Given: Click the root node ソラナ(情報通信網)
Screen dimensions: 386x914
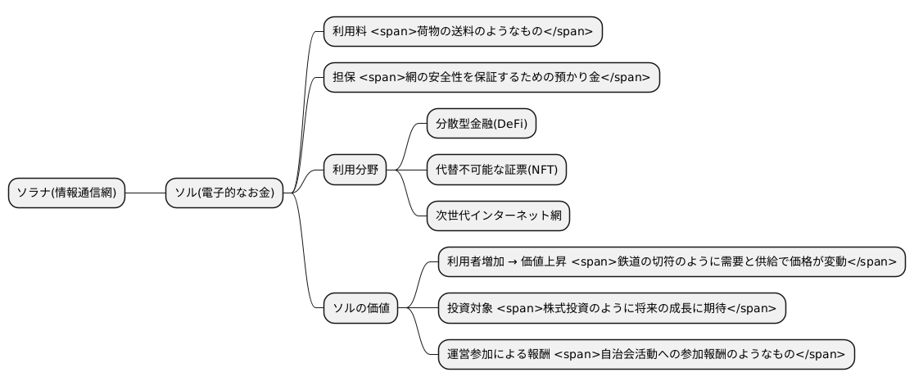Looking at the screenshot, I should point(66,193).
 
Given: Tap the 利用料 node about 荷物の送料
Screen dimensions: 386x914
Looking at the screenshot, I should point(463,32).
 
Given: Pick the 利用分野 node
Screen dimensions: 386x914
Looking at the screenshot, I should point(355,170).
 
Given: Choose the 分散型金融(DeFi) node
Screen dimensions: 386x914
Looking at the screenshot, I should point(482,124).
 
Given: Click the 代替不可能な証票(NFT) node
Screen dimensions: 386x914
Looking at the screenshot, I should point(496,170).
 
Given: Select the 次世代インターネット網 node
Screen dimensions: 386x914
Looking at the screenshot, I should point(498,216).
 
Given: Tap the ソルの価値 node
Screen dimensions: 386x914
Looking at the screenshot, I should point(360,308).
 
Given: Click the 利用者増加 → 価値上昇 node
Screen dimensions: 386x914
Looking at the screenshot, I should point(672,262).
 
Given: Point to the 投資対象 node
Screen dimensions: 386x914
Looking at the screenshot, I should point(612,308).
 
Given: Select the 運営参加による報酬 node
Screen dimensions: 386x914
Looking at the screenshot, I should point(646,354).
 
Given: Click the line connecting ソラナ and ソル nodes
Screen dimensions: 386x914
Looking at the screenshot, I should point(145,193).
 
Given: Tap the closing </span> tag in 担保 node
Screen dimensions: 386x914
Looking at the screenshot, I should point(626,78).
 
